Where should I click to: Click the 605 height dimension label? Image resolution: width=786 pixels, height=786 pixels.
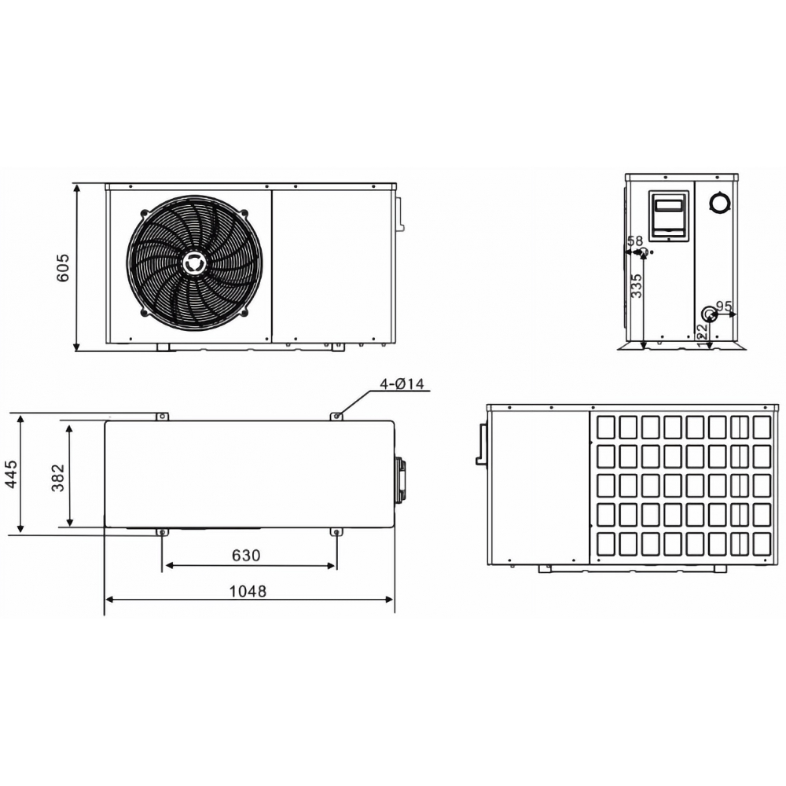[64, 267]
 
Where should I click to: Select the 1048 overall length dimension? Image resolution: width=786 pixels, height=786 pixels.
[249, 590]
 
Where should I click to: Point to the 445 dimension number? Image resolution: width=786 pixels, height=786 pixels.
[12, 475]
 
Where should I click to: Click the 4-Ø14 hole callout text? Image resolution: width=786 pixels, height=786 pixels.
[402, 384]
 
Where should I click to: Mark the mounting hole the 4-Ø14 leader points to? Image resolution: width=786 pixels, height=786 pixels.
[337, 416]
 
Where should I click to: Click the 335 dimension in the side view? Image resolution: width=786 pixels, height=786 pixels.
[637, 285]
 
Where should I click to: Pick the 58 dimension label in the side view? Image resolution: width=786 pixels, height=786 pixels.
[635, 241]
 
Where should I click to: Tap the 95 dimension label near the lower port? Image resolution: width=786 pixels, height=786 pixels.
[724, 305]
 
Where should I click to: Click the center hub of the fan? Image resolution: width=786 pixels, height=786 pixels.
[194, 262]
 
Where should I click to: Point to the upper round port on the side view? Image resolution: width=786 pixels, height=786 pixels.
[718, 202]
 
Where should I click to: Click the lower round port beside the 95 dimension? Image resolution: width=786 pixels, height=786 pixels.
[709, 314]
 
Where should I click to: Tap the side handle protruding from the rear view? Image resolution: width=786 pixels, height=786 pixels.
[480, 444]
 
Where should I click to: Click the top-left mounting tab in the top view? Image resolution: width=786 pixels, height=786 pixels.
[161, 416]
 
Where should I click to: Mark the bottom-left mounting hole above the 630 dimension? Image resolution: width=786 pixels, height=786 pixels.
[162, 533]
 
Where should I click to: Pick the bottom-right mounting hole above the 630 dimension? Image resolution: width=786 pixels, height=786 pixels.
[337, 533]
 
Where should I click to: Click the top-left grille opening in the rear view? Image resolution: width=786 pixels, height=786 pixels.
[605, 427]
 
